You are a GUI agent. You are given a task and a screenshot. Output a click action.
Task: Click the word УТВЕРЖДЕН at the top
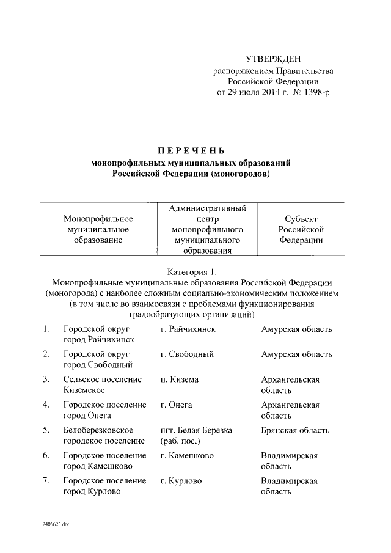(273, 59)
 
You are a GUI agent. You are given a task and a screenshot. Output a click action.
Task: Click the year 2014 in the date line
(270, 93)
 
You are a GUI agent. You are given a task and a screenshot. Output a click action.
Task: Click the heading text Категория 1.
(191, 271)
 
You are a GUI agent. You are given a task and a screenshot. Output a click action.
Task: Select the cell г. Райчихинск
(188, 329)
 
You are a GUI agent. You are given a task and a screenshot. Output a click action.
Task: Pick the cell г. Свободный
(186, 354)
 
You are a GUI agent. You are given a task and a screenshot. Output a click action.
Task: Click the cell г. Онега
(176, 405)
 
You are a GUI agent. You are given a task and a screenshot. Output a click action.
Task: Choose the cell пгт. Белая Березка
(196, 430)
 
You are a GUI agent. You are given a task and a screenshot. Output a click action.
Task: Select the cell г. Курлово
(181, 481)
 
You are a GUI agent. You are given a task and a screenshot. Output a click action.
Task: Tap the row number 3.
(46, 379)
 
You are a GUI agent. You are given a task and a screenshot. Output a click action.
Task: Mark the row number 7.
(46, 481)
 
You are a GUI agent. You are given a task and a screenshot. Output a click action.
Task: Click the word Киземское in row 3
(84, 390)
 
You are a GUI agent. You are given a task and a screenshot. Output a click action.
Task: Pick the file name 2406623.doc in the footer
(56, 524)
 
